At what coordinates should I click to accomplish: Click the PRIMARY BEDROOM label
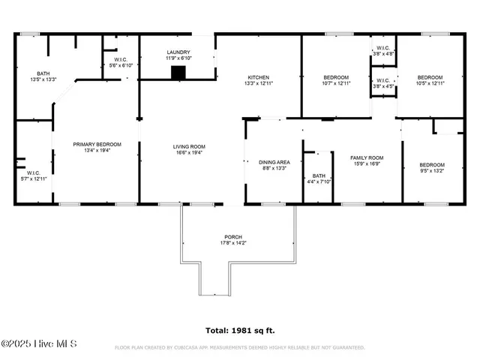[97, 144]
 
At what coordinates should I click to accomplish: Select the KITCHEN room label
[259, 77]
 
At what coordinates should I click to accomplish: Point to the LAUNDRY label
[178, 52]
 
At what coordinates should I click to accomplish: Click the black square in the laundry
[178, 73]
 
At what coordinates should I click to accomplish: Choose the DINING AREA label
[274, 162]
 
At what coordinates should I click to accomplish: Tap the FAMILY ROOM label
[367, 157]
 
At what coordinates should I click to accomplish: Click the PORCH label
[233, 237]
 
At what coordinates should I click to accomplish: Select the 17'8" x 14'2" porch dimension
[233, 243]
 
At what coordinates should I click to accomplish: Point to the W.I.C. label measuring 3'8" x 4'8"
[383, 49]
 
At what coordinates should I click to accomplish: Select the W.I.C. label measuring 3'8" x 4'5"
[383, 80]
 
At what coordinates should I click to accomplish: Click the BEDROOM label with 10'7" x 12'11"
[335, 77]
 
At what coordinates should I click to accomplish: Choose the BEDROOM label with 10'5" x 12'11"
[430, 77]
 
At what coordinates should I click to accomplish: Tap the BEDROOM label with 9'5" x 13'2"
[431, 165]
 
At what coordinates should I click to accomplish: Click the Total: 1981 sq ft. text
[240, 330]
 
